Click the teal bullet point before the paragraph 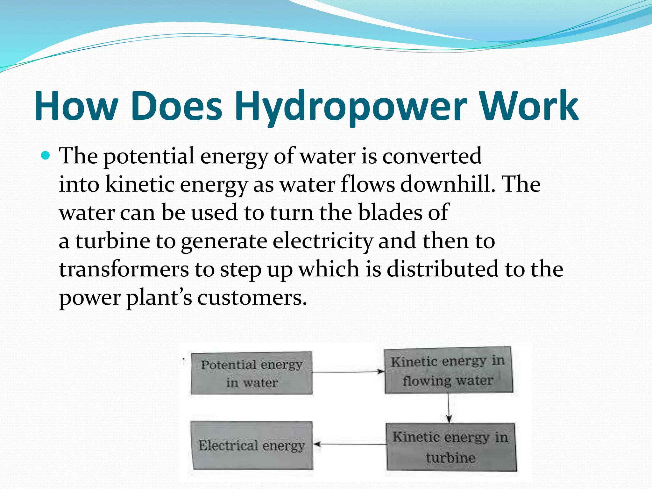[46, 156]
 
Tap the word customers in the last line [252, 298]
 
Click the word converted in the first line [432, 156]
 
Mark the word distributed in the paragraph [443, 269]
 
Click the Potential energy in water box [252, 373]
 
